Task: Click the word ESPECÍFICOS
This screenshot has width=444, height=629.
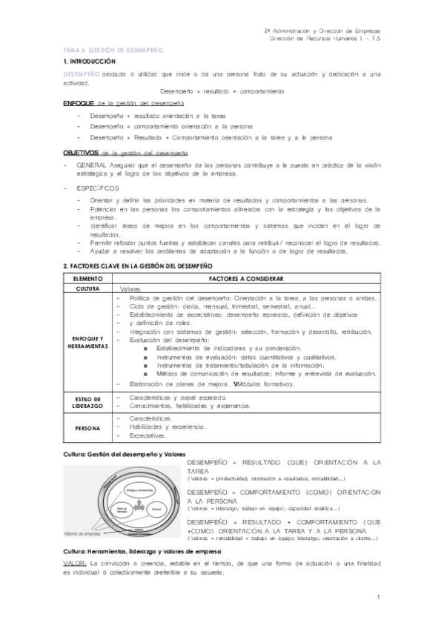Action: (97, 188)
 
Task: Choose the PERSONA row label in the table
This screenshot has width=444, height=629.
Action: (87, 428)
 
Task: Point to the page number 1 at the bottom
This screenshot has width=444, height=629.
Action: (379, 597)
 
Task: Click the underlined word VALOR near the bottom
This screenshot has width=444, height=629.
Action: (76, 565)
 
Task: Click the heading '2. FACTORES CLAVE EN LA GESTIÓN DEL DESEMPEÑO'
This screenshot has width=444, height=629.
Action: (138, 265)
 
